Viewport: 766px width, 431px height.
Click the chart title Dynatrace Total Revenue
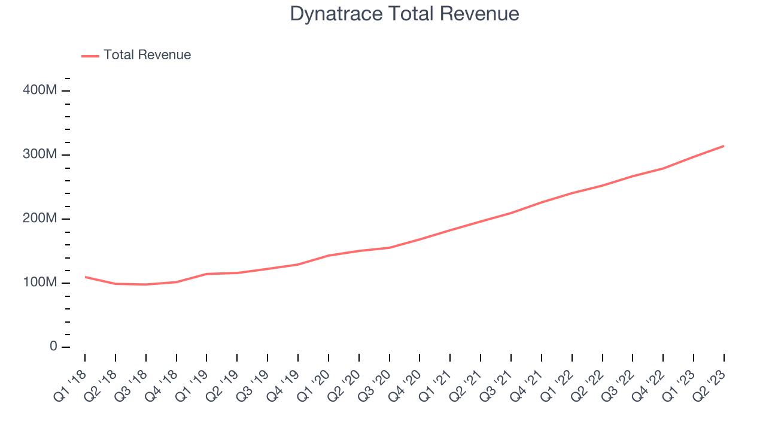pos(404,14)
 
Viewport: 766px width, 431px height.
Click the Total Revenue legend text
pos(147,55)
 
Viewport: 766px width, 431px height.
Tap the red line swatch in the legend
pos(90,56)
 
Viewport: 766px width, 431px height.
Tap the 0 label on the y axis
pos(53,347)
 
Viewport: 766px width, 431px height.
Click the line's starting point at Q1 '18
pos(85,277)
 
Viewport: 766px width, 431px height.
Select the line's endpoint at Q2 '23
pos(724,146)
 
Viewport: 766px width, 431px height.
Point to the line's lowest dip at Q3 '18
pos(146,284)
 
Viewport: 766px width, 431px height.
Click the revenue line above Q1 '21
pos(450,230)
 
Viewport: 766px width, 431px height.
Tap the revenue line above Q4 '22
pos(663,168)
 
